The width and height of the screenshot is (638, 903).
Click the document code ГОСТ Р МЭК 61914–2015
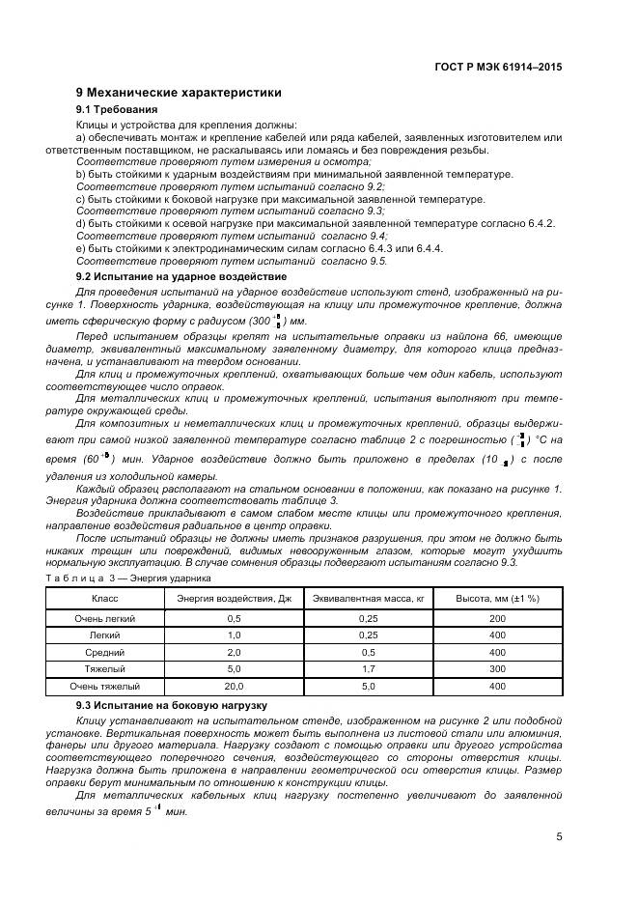click(x=499, y=69)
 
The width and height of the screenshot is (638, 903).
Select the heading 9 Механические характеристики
click(x=179, y=93)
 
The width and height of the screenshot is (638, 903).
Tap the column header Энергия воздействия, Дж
click(x=234, y=598)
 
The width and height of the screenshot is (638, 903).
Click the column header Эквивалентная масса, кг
click(x=368, y=598)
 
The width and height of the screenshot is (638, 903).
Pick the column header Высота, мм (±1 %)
click(x=497, y=598)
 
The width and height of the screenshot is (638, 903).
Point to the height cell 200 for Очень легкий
click(x=497, y=618)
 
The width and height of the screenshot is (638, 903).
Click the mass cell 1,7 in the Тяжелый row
click(x=368, y=669)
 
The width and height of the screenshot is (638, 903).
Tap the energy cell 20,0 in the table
click(x=234, y=687)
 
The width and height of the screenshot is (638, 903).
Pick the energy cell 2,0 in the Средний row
click(x=234, y=652)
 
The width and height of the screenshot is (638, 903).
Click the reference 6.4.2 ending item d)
click(x=541, y=223)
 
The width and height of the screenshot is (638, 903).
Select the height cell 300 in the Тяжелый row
click(x=497, y=669)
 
